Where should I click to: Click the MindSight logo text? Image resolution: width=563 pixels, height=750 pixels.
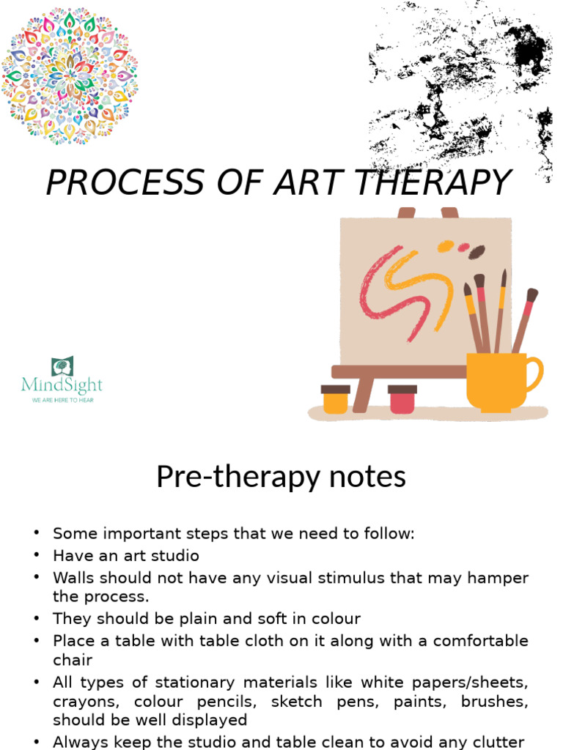coord(62,385)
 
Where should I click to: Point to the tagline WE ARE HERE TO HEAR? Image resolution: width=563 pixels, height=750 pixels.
coord(62,401)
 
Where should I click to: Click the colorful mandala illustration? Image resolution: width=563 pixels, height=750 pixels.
coord(70,75)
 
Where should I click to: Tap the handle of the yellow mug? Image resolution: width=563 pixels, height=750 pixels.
coord(534,373)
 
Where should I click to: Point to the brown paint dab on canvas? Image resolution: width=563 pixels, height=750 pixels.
coord(476,252)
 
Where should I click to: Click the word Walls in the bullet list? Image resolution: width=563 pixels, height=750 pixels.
coord(74,578)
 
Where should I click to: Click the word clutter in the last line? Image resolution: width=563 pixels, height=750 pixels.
coord(498,741)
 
